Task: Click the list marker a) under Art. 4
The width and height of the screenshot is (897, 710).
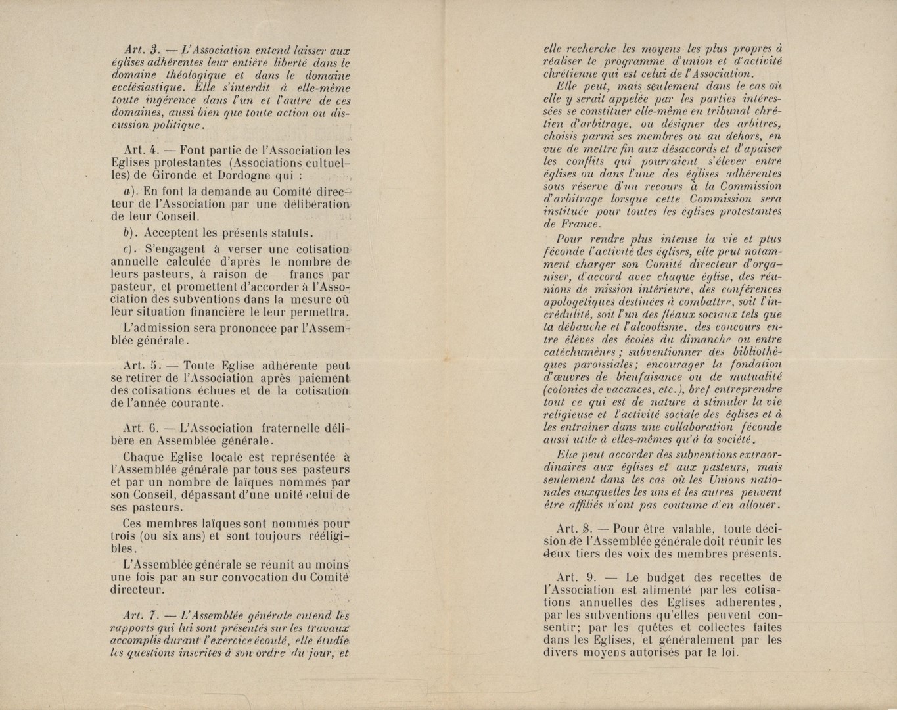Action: pos(130,191)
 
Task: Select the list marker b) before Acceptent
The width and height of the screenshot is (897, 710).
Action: pos(130,233)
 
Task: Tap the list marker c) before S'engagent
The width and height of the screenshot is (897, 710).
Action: pos(130,250)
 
